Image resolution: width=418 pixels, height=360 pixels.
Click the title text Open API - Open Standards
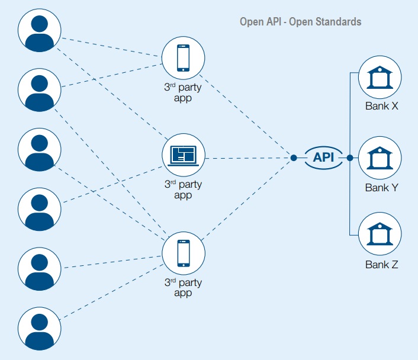pos(300,22)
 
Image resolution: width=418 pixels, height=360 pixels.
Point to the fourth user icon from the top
pos(40,209)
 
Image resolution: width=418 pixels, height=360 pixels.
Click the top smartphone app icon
pos(184,59)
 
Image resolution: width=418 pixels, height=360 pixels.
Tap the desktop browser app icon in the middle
pos(184,155)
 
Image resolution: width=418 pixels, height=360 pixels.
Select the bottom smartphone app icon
pos(184,253)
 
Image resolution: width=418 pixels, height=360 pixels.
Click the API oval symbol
pos(323,157)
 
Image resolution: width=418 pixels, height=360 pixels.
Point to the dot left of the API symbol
pos(294,157)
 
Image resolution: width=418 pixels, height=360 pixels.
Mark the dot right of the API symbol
pos(350,157)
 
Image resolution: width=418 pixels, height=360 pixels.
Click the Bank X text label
pos(381,107)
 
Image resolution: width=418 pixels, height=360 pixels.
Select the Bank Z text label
pos(381,265)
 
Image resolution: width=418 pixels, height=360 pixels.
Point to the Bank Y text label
pos(381,188)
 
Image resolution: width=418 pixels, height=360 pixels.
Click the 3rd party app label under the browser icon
pos(183,190)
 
